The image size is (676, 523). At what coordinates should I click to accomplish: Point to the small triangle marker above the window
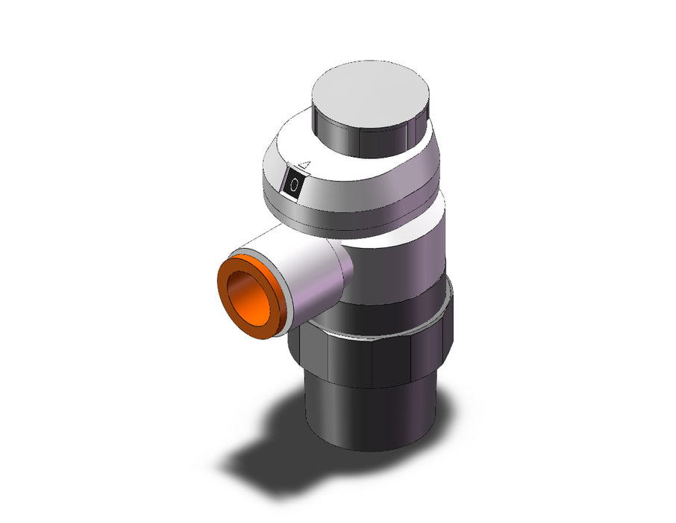pos(305,165)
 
